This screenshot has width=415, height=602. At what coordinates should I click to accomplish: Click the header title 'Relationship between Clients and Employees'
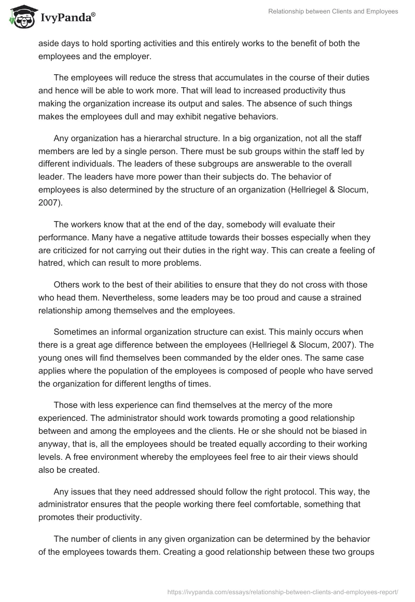(x=333, y=11)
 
